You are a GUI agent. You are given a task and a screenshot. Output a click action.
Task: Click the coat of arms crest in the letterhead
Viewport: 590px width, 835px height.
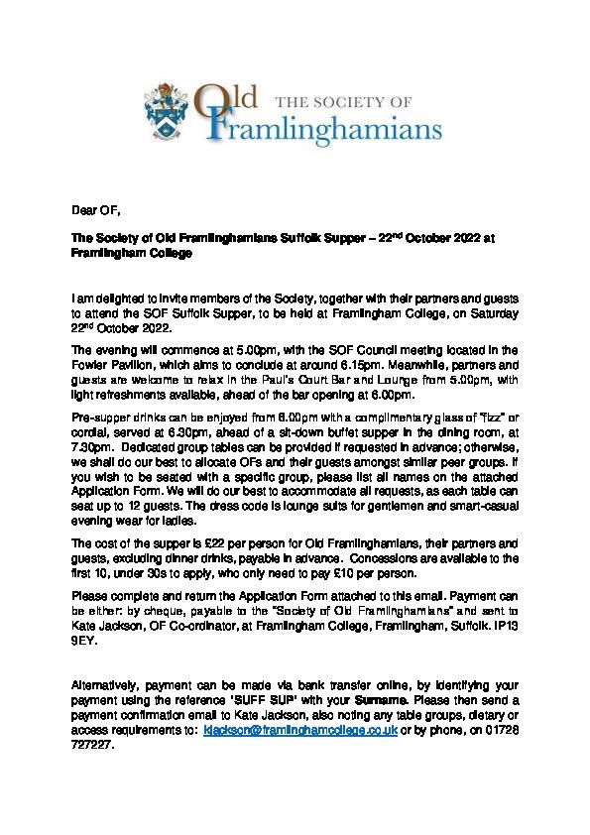click(x=166, y=117)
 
